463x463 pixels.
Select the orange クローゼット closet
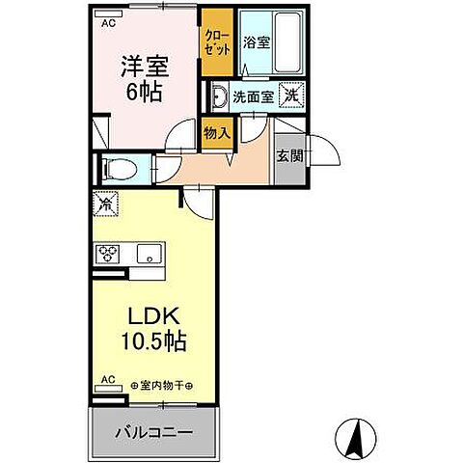[216, 42]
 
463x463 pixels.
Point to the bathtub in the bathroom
[287, 43]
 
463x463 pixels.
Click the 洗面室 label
[253, 96]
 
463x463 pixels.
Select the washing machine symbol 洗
[291, 95]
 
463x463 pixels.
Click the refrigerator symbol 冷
[105, 204]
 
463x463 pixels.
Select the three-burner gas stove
[107, 255]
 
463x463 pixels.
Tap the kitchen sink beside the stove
[147, 255]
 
